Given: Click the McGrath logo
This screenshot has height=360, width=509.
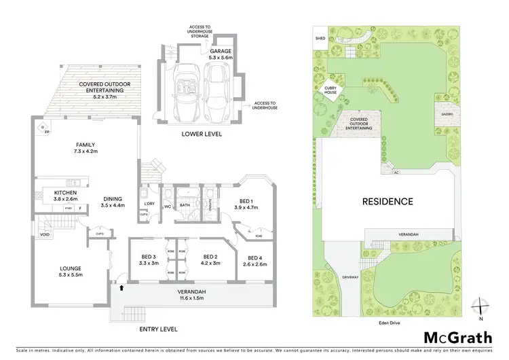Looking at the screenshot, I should pyautogui.click(x=458, y=338).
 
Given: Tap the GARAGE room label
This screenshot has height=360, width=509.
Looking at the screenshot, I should pyautogui.click(x=221, y=51).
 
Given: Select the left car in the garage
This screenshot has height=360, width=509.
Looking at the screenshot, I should pyautogui.click(x=185, y=90).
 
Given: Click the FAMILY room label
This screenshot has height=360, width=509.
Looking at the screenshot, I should pyautogui.click(x=85, y=145).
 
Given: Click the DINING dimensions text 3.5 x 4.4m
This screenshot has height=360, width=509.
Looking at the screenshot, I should pyautogui.click(x=112, y=205).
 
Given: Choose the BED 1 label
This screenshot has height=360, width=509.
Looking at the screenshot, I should pyautogui.click(x=248, y=201).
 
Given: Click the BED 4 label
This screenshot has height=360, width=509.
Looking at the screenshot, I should pyautogui.click(x=254, y=257).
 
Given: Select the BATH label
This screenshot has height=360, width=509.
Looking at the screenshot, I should pyautogui.click(x=184, y=204).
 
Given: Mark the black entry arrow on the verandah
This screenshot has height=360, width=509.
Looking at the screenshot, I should pyautogui.click(x=122, y=288).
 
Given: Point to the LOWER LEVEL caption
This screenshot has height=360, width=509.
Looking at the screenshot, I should pyautogui.click(x=202, y=134).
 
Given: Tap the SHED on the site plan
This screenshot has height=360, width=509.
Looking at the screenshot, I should pyautogui.click(x=320, y=39).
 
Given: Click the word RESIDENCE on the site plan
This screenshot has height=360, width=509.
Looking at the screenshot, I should pyautogui.click(x=387, y=201).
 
